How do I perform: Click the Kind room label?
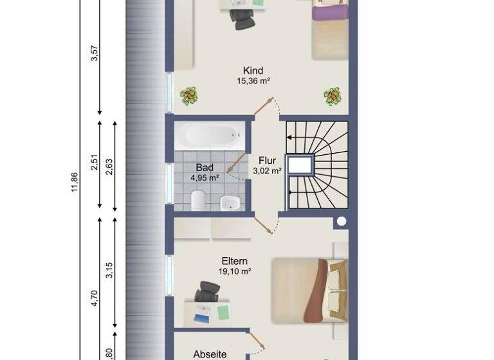[253, 71]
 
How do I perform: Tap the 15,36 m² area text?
[253, 82]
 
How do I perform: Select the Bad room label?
[205, 168]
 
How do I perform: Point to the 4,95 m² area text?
[205, 177]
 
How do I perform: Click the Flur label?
[267, 161]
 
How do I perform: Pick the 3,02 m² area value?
[267, 171]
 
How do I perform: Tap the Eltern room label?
[234, 262]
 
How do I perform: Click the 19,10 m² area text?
[234, 271]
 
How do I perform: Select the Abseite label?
[210, 354]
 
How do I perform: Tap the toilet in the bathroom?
[198, 200]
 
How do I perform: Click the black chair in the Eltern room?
[206, 292]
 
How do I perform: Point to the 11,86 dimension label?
[75, 182]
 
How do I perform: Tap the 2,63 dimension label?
[110, 165]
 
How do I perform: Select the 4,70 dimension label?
[95, 298]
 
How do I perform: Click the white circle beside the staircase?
[341, 222]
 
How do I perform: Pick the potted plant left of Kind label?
[189, 96]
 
